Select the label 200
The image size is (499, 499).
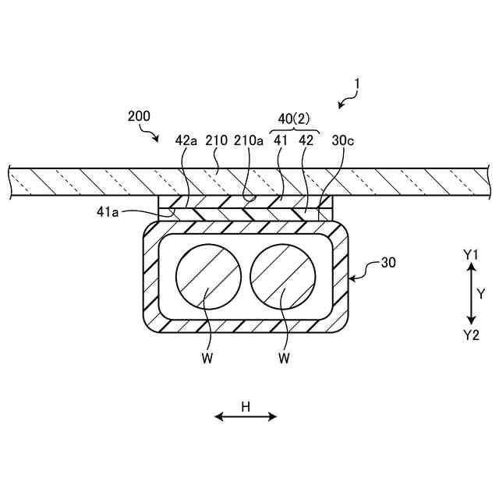139,116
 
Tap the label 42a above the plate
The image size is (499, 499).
186,140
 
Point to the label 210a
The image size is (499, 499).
249,140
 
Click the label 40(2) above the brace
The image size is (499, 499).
294,119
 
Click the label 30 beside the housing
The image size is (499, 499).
387,263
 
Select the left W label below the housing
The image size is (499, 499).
207,359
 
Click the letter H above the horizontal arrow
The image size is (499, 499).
245,405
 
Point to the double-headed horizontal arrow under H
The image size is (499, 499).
246,417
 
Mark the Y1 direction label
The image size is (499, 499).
470,254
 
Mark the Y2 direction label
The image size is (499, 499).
470,334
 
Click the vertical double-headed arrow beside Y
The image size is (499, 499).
470,294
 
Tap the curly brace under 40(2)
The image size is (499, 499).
294,131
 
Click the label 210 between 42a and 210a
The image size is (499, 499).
216,140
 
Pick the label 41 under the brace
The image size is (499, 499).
280,140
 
